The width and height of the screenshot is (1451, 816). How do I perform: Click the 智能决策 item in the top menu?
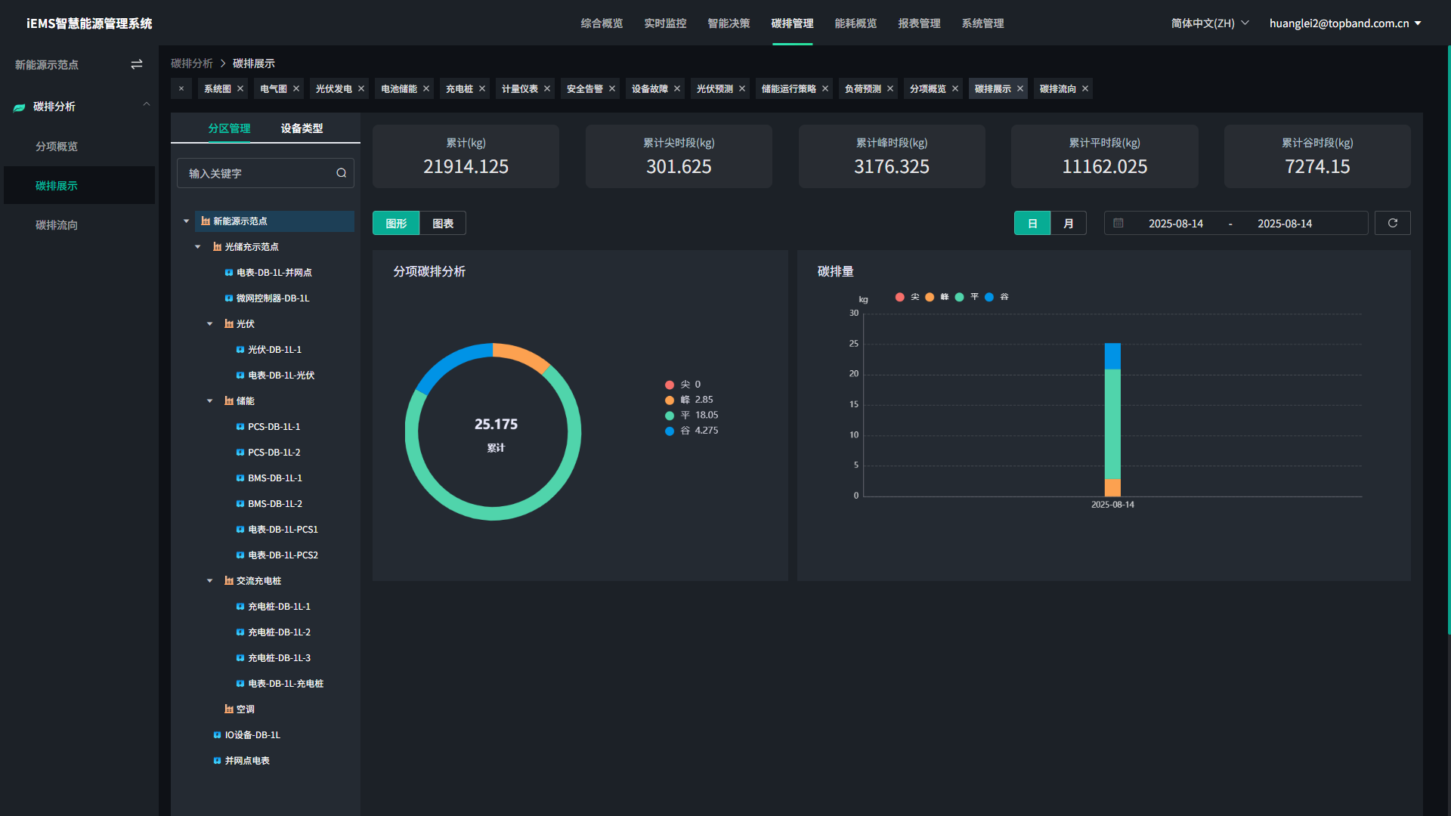click(729, 23)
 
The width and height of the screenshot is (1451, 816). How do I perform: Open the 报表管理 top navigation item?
click(919, 23)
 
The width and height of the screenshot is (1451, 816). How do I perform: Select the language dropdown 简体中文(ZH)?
click(1209, 23)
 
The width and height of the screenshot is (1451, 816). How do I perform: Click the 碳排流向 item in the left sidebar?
click(57, 225)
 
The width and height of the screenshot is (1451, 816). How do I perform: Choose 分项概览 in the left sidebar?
click(57, 147)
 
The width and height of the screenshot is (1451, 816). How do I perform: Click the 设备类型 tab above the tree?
click(302, 128)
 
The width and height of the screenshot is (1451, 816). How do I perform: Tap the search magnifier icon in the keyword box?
click(342, 173)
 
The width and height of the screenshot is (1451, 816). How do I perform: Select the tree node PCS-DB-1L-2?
click(274, 453)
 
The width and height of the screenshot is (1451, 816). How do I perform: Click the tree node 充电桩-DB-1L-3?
click(279, 658)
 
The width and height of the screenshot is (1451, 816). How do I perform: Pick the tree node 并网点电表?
click(247, 761)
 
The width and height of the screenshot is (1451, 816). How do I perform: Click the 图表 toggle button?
click(443, 224)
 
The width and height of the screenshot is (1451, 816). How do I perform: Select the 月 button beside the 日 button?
click(1069, 224)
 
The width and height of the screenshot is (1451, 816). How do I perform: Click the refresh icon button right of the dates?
click(1392, 224)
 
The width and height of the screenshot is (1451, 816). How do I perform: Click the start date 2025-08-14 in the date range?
click(1175, 224)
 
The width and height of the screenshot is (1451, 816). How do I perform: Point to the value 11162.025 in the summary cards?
click(1104, 167)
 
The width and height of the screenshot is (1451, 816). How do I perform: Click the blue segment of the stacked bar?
click(1112, 356)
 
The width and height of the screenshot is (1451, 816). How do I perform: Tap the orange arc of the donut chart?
click(522, 355)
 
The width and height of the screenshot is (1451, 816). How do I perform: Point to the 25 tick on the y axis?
click(854, 344)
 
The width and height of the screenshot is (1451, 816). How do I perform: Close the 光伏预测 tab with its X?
click(742, 89)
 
